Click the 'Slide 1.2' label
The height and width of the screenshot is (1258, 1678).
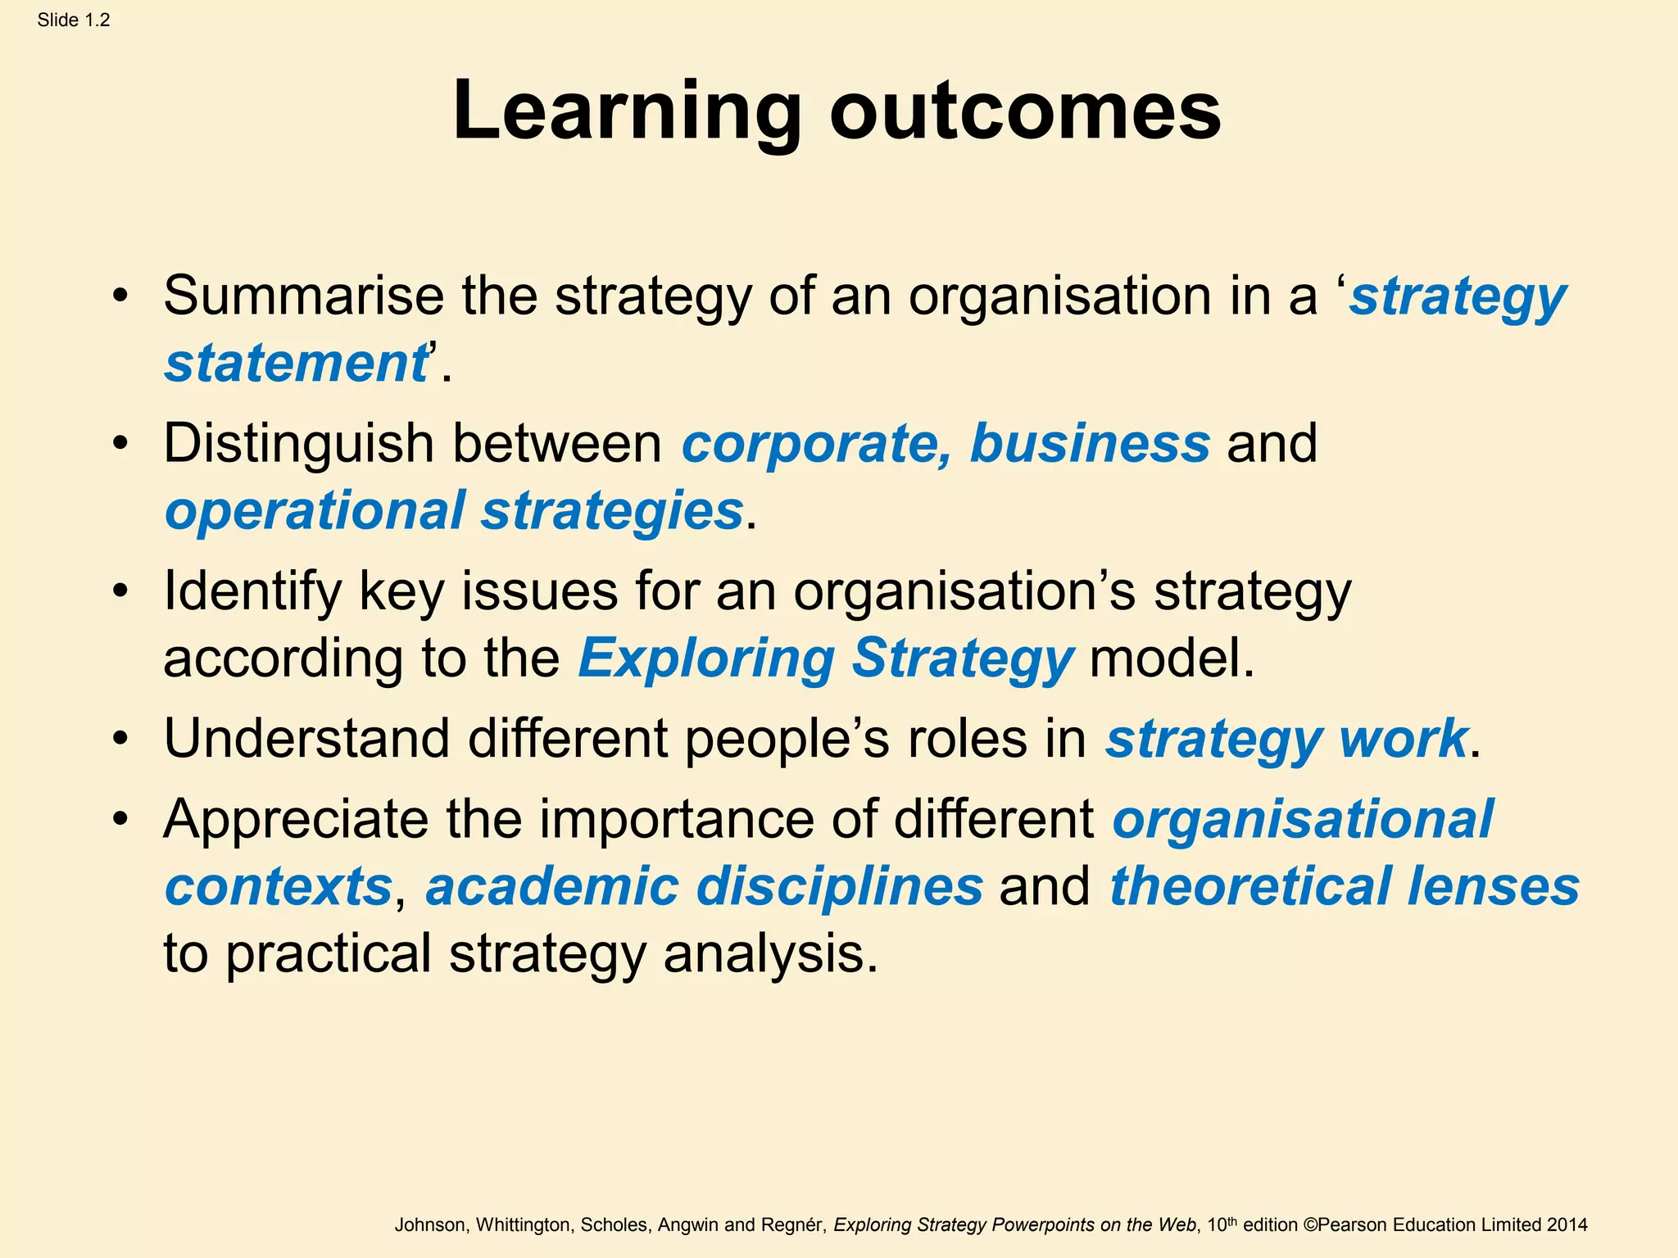[73, 20]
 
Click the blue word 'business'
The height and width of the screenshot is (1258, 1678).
[1090, 444]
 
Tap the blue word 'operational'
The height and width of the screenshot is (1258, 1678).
[315, 511]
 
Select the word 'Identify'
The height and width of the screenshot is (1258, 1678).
[252, 591]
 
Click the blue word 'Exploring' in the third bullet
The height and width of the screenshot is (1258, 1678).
[706, 658]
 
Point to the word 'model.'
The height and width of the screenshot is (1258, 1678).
[1172, 658]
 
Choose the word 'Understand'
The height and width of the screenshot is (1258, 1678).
[306, 739]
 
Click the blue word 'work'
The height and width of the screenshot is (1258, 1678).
[1402, 739]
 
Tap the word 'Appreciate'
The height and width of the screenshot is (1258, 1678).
[296, 819]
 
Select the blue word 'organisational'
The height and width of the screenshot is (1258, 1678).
[1303, 819]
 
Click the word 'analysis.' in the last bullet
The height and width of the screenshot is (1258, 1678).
[770, 954]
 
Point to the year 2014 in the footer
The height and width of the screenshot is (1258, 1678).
[1567, 1225]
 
